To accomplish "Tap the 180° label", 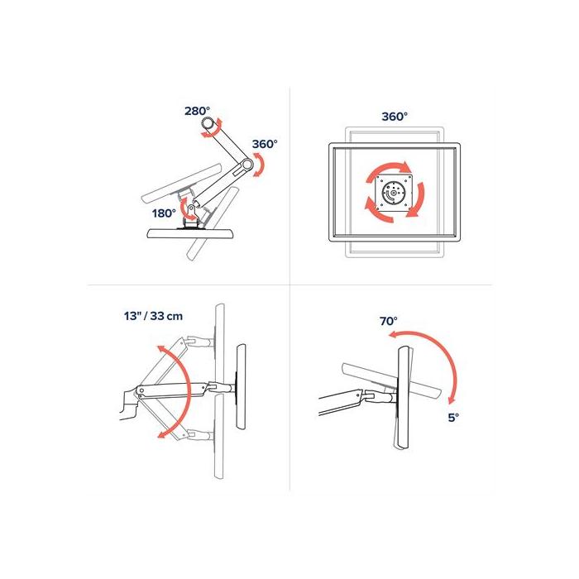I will pos(163,213).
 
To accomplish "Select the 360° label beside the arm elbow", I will pos(265,143).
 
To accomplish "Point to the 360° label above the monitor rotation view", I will pos(395,117).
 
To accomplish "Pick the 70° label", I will pos(389,320).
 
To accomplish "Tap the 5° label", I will pos(452,419).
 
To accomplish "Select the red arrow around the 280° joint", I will pos(217,127).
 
